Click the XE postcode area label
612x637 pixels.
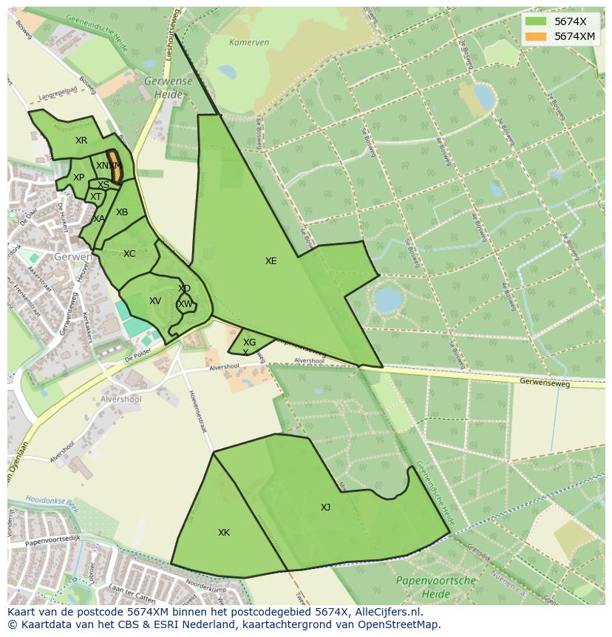coord(271,261)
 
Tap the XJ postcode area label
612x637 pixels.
coord(326,508)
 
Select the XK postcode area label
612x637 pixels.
coord(224,533)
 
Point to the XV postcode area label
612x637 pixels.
coord(155,301)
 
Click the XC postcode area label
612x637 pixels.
coord(129,254)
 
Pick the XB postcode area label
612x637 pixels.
coord(122,212)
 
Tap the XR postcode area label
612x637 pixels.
coord(81,140)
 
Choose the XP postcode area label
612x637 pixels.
coord(78,178)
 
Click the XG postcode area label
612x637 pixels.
coord(249,343)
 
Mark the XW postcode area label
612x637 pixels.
coord(186,304)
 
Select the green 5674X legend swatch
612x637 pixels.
coord(536,21)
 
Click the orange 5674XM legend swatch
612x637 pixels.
coord(536,36)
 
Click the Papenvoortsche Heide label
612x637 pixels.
coord(435,587)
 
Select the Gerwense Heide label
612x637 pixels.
coord(169,87)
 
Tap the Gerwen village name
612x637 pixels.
coord(72,257)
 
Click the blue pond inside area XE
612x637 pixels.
coord(387,300)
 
